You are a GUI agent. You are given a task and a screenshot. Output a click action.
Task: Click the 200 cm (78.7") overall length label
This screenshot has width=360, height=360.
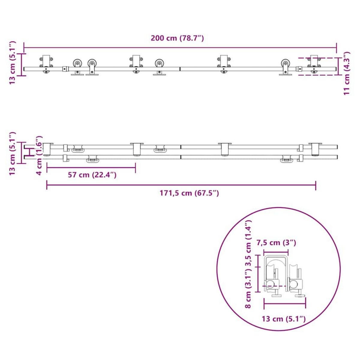coord(177,38)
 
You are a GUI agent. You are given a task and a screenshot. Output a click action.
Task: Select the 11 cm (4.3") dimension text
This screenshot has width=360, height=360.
coord(347,73)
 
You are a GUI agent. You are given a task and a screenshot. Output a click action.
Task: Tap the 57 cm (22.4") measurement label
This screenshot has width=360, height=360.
coord(92,175)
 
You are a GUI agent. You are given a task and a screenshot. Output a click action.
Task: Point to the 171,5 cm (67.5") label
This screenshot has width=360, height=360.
coord(189,193)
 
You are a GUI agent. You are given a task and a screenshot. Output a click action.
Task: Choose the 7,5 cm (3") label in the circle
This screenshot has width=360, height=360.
coord(276,242)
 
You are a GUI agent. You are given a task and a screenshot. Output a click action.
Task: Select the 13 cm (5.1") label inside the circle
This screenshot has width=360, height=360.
coord(283,319)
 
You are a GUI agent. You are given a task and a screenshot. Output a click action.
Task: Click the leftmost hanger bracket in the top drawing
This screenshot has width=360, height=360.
coord(46,64)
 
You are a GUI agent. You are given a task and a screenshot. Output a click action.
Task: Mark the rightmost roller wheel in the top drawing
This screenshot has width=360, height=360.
coord(285,64)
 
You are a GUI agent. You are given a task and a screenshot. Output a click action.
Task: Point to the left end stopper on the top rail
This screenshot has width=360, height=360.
coord(64,69)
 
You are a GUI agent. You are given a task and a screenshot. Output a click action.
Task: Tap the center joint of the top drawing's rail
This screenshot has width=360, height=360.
coord(180,69)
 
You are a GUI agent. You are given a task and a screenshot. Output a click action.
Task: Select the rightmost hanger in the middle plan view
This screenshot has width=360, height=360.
coord(315,149)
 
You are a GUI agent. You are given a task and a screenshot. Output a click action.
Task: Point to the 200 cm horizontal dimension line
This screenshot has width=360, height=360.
coord(180,47)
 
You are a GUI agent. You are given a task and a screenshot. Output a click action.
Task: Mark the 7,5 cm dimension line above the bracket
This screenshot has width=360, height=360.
coord(275,251)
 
